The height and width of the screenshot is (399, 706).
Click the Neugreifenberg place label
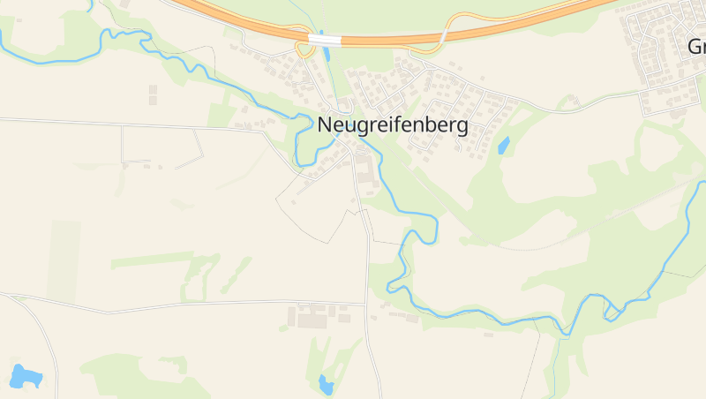pos(392,125)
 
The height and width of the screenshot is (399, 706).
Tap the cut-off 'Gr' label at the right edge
pos(696,46)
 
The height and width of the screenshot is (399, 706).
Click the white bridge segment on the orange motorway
pos(325,40)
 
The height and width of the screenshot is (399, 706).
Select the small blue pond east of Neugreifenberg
pos(504,146)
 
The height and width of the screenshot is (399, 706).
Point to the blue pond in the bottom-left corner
pos(26,377)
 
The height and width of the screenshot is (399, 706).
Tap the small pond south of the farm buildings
pos(326,384)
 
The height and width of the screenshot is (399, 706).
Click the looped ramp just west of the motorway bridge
pos(305,49)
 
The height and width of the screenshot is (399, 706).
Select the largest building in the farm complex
pos(312,320)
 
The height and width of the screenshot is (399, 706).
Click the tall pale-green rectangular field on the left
pos(64,260)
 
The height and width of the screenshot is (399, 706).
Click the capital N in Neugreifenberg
pos(324,125)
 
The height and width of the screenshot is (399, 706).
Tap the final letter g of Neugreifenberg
pos(462,127)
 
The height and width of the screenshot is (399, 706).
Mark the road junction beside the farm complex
pos(365,305)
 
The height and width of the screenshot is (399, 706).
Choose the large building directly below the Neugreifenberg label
pos(364,177)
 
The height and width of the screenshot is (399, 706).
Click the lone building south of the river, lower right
pos(488,335)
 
